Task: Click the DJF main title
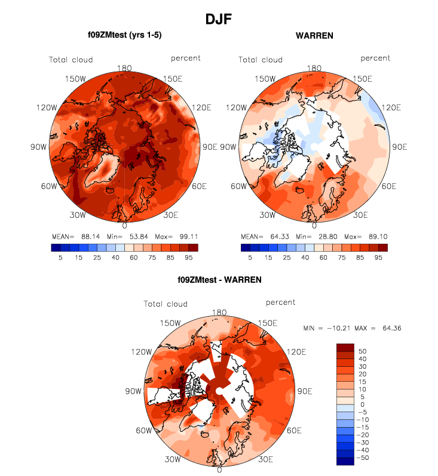point(218,18)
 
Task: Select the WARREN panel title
point(314,36)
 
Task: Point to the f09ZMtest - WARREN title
point(219,279)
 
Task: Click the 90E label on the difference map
point(305,391)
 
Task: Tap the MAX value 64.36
point(389,328)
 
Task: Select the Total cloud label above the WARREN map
point(261,59)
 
